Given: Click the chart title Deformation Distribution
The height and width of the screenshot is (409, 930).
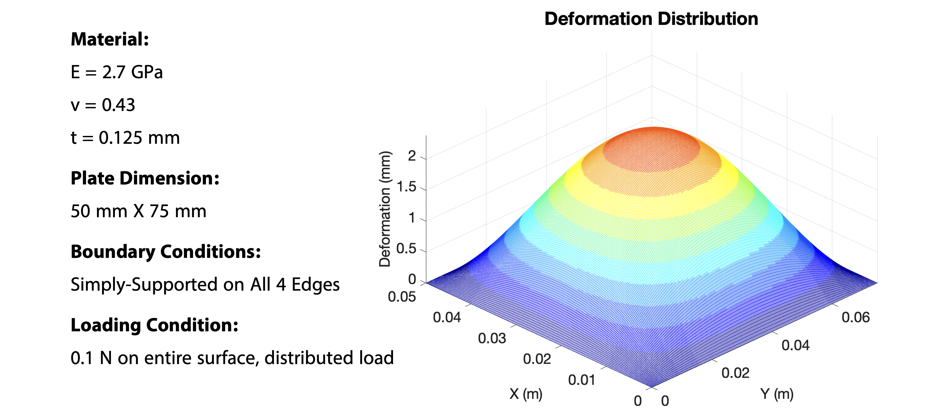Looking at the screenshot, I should [651, 19].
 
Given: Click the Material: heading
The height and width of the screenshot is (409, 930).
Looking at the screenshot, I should [110, 39].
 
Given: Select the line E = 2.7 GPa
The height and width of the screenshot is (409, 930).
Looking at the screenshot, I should [117, 72].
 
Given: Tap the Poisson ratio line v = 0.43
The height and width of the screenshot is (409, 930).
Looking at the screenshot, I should [103, 105].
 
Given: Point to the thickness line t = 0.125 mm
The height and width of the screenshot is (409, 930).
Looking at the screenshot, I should [125, 138].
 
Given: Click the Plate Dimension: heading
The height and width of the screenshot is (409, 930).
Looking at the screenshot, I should [145, 178].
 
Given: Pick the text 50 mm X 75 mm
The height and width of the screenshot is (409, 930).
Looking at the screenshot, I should [138, 211].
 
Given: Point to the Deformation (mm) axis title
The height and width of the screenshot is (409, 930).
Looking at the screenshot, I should [385, 209].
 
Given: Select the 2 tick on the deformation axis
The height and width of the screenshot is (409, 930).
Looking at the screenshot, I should [412, 156].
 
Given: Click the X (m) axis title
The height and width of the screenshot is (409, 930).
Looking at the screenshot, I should [526, 393].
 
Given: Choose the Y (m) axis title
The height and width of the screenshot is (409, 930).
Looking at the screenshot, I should [777, 393].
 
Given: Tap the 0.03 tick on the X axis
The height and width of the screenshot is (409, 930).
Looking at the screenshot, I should [492, 338].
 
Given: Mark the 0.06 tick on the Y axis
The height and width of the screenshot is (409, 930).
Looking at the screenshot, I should [855, 317].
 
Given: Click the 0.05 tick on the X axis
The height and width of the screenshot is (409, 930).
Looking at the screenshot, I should [402, 297].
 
